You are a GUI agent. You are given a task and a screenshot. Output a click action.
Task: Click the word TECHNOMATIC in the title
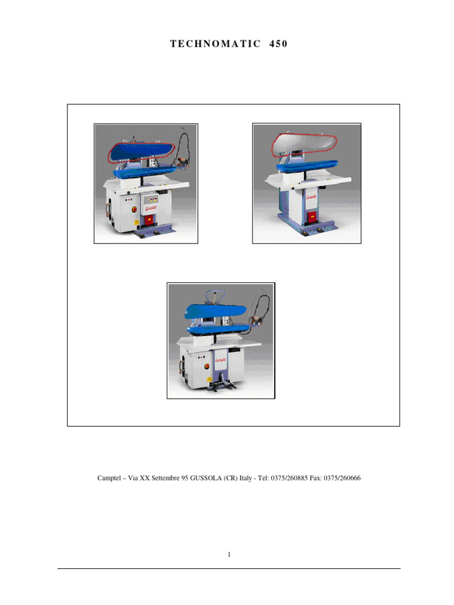coord(215,44)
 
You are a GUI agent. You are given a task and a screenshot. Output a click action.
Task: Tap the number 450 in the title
coord(278,44)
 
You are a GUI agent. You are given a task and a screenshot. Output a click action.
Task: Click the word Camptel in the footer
coord(109,478)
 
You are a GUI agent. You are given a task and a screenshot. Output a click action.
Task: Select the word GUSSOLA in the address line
coord(206,478)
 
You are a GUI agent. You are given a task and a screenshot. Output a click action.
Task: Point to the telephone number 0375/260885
coord(289,478)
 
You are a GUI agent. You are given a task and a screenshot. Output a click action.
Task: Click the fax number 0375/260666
coord(342,478)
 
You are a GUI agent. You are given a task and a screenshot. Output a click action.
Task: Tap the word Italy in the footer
coord(245,478)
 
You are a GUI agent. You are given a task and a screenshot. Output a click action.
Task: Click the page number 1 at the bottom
coord(229,554)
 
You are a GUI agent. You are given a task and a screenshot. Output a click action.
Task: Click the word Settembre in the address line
coord(166,478)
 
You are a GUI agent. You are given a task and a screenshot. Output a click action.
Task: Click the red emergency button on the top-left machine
coord(134,210)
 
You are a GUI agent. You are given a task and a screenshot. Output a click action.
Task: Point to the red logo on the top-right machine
coord(312,197)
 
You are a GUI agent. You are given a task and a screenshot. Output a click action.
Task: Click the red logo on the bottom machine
coord(220,360)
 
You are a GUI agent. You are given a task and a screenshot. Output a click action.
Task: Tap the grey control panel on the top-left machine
coord(151,200)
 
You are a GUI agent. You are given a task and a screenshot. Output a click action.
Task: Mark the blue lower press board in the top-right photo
coord(307,166)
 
